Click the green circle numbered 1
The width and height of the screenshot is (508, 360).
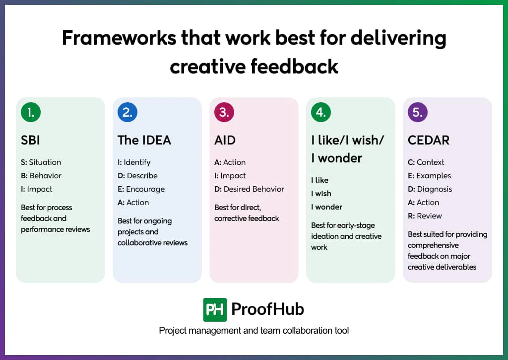[x=31, y=112]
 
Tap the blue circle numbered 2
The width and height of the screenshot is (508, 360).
[x=127, y=112]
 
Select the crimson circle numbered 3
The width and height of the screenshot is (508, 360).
[x=224, y=112]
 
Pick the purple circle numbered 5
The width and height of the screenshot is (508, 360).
[x=418, y=112]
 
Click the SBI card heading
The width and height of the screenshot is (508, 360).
[x=30, y=140]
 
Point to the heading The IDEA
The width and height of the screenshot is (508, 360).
[x=144, y=140]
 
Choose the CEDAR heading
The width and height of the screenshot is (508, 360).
[x=429, y=140]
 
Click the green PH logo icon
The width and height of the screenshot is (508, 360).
[x=215, y=310]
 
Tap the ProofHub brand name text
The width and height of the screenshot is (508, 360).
[x=267, y=309]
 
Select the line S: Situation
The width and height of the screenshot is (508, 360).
[x=41, y=162]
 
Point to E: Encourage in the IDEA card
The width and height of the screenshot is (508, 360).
[x=141, y=189]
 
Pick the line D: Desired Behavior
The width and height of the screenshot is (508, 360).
[x=249, y=189]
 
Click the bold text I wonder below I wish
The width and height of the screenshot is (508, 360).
[x=326, y=207]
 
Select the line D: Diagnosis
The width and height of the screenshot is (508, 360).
[x=430, y=189]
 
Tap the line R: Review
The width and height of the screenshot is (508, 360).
[x=425, y=216]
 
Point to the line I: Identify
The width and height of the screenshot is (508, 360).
[x=134, y=162]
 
